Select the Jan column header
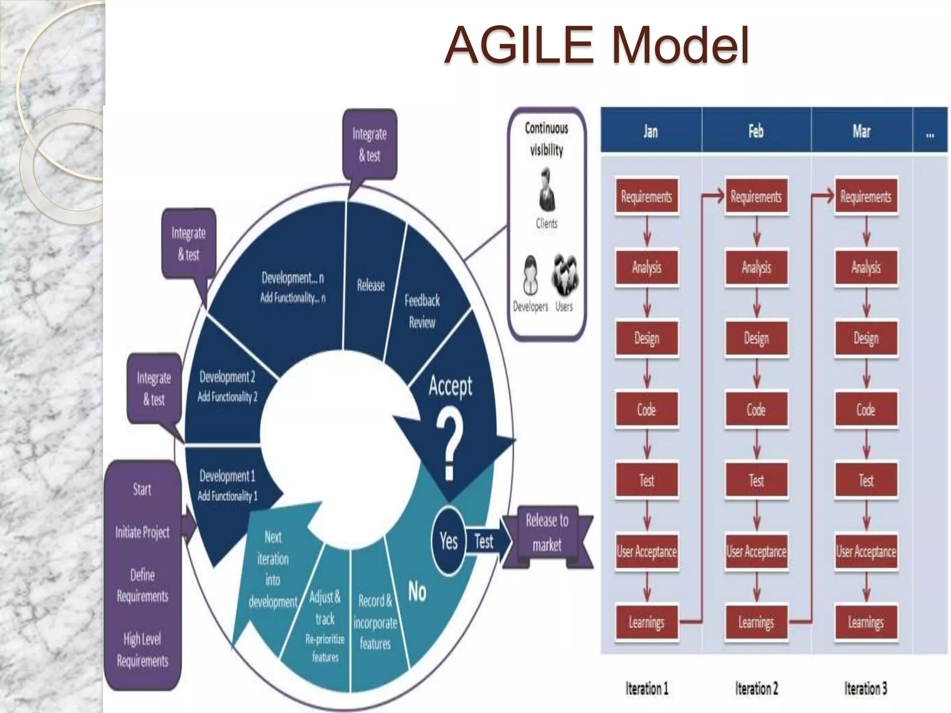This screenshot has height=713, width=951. point(651,131)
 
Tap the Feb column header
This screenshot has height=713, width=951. point(756,131)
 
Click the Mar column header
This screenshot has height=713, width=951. point(861,131)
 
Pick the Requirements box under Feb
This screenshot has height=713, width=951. point(756,197)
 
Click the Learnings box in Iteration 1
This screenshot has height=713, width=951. point(646,622)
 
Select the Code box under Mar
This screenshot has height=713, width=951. point(866,409)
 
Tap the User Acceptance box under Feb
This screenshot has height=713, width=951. point(756,551)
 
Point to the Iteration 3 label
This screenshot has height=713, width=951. point(866,688)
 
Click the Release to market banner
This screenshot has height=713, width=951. point(547,533)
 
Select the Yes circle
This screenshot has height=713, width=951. point(449,541)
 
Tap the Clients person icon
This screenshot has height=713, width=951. point(547,190)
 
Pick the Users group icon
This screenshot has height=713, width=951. point(565,275)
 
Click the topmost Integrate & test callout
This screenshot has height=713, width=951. point(370,144)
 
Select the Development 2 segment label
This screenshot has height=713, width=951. point(227,386)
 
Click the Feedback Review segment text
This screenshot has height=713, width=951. point(422,311)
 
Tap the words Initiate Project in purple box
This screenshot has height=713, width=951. point(142,532)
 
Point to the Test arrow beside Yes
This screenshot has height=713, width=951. point(484,541)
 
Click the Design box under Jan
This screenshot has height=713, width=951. point(646,338)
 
